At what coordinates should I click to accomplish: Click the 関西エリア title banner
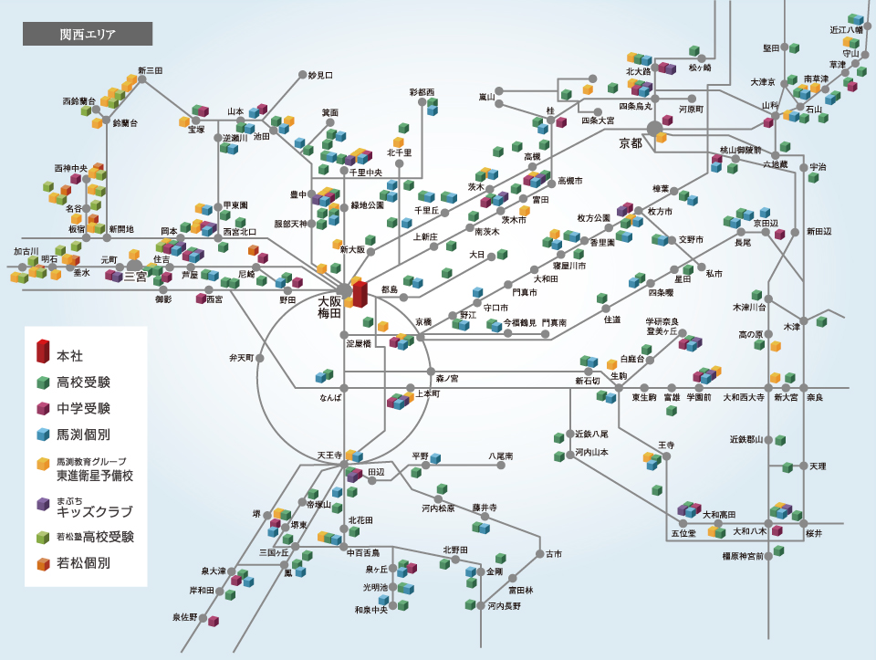pyautogui.click(x=87, y=34)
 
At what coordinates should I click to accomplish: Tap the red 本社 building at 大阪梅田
pyautogui.click(x=360, y=294)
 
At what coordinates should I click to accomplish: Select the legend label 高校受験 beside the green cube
pyautogui.click(x=83, y=382)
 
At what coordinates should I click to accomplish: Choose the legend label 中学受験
pyautogui.click(x=83, y=408)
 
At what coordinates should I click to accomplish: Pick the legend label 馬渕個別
pyautogui.click(x=83, y=435)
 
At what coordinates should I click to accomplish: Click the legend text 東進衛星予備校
pyautogui.click(x=95, y=476)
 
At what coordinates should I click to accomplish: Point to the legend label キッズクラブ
pyautogui.click(x=95, y=511)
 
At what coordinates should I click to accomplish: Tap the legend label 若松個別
pyautogui.click(x=83, y=563)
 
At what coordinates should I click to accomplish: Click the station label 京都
pyautogui.click(x=631, y=143)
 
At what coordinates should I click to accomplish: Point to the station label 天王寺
pyautogui.click(x=328, y=455)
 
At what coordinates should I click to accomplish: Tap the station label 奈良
pyautogui.click(x=813, y=397)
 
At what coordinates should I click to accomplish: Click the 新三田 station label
pyautogui.click(x=151, y=70)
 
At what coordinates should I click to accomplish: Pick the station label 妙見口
pyautogui.click(x=320, y=75)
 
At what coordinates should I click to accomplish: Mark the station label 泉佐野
pyautogui.click(x=185, y=617)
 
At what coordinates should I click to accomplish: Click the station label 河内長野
pyautogui.click(x=504, y=605)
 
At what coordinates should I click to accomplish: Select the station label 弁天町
pyautogui.click(x=241, y=358)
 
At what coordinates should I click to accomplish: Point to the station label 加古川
pyautogui.click(x=26, y=250)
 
